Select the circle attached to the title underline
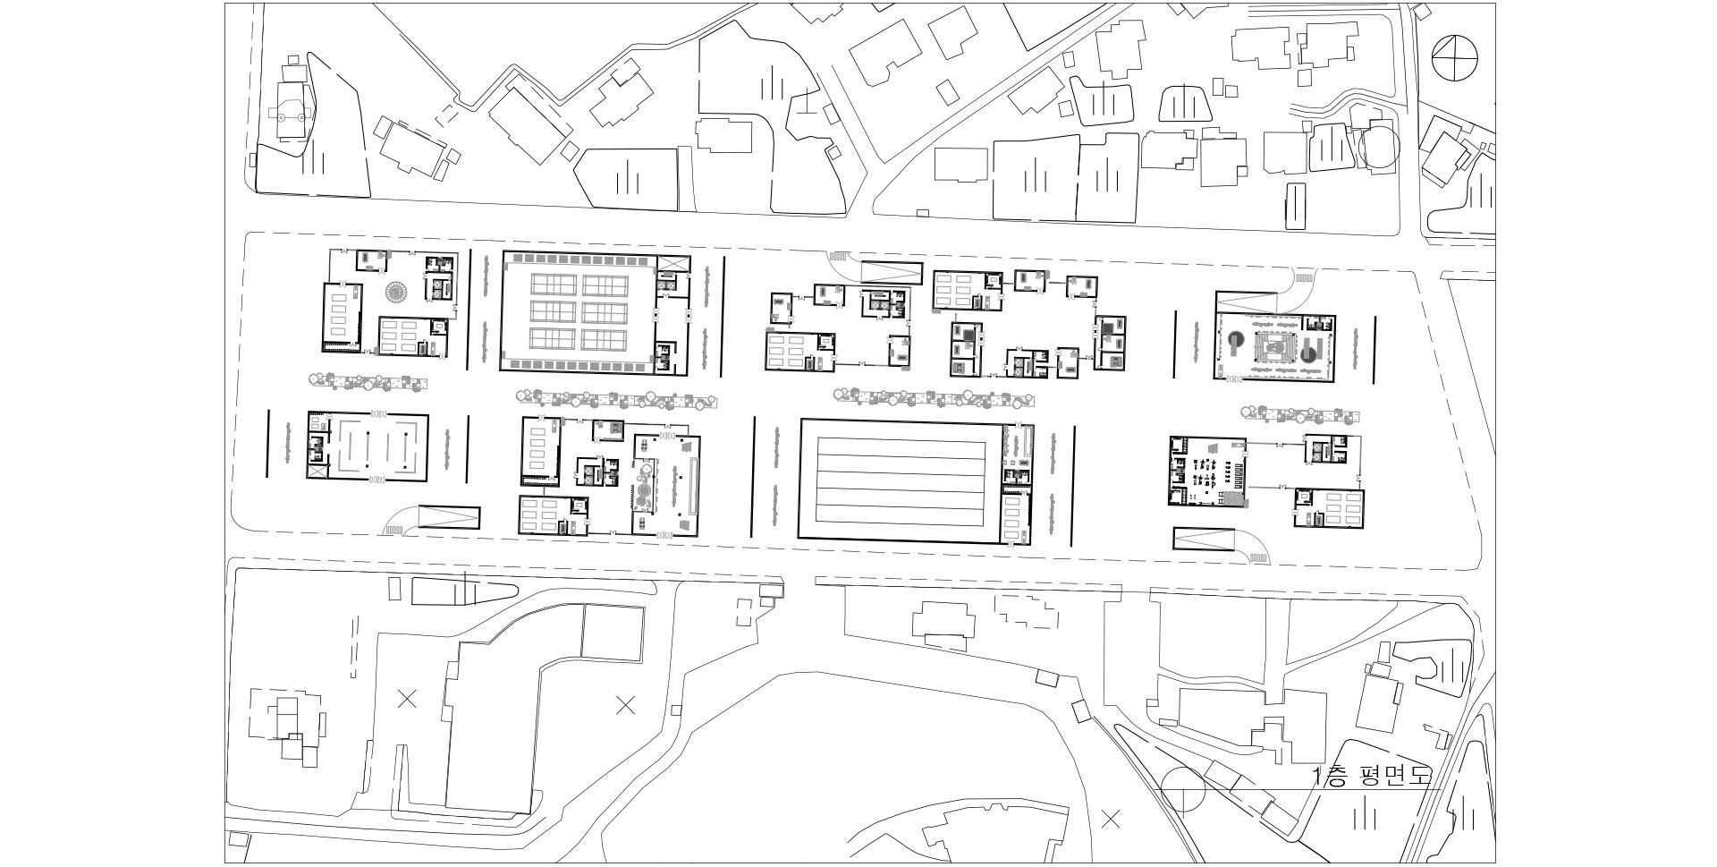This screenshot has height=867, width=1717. tap(1183, 790)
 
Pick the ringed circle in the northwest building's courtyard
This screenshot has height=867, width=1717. tap(395, 292)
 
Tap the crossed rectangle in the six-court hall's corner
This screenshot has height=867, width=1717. tap(673, 262)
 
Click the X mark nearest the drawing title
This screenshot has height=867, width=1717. tap(1112, 817)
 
